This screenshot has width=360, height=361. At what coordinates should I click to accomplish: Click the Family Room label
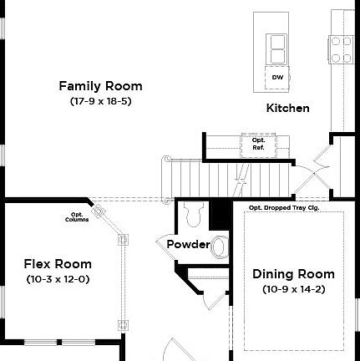100,86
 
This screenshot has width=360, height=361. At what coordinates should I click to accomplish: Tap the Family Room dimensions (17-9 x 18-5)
100,101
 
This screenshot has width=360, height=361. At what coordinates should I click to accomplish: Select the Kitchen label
287,108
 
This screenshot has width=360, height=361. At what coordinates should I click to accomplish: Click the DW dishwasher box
276,77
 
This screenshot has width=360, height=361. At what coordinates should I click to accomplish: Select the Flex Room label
58,264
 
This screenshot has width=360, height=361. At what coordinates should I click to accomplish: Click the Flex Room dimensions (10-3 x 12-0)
58,278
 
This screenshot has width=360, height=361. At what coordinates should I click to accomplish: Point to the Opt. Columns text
76,218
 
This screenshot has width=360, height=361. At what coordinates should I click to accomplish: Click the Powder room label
188,244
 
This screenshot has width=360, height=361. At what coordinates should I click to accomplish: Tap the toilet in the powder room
194,214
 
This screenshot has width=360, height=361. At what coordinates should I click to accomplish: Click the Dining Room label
293,274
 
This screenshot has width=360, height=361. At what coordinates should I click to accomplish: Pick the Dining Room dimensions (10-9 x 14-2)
293,288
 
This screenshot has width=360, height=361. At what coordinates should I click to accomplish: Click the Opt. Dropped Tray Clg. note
284,206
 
